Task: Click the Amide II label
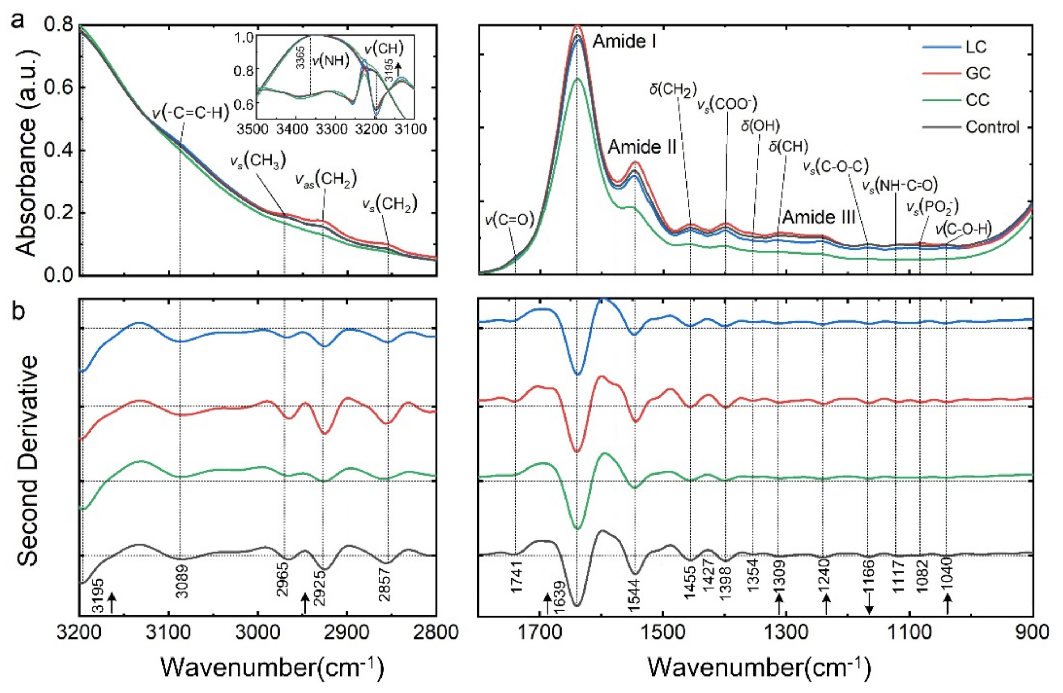coord(642,146)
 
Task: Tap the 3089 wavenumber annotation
coord(182,581)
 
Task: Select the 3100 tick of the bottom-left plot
coord(168,632)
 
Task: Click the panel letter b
coord(19,312)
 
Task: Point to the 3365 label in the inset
coord(301,57)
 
